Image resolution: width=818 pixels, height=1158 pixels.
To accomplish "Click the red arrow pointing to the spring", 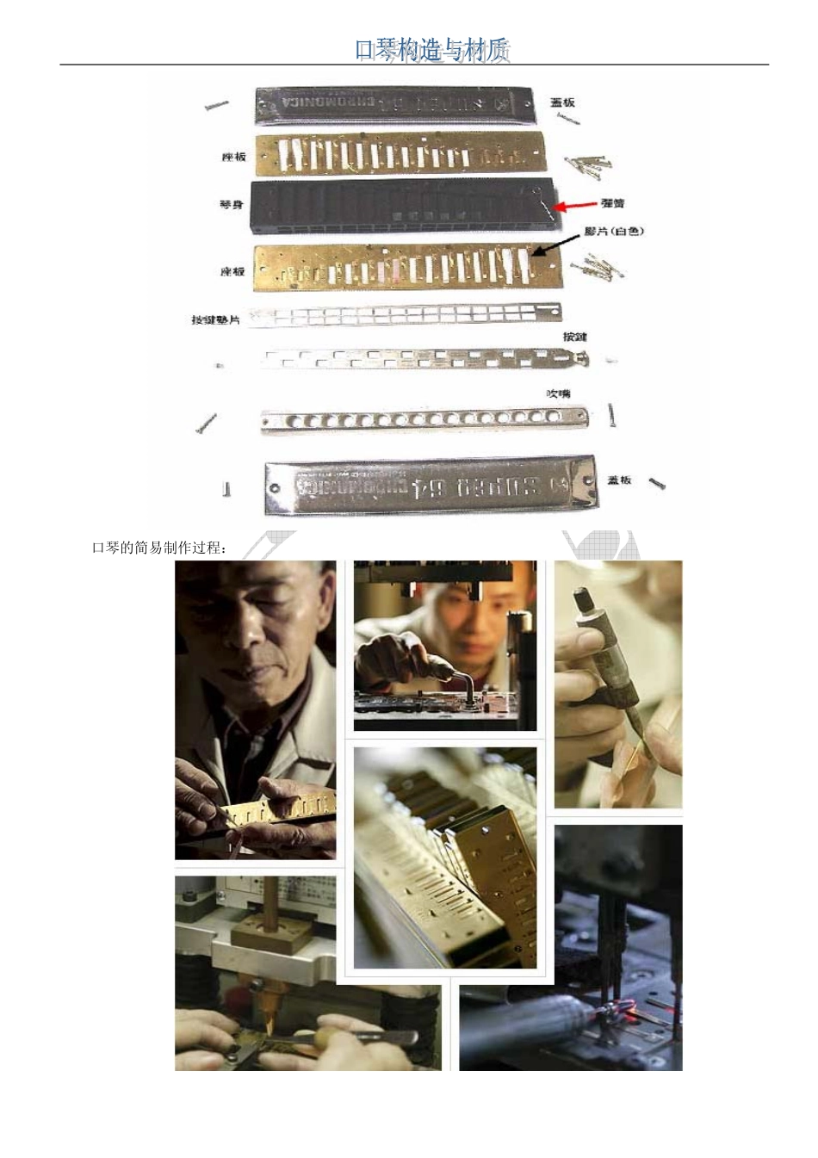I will click(575, 205).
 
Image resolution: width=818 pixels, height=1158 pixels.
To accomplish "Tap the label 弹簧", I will click(612, 204).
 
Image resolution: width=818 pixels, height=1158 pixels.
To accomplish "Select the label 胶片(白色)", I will click(614, 231).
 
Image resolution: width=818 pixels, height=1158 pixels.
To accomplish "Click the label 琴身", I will click(232, 205).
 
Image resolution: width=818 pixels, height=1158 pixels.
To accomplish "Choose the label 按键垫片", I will click(216, 319).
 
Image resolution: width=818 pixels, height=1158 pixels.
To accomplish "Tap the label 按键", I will click(574, 337).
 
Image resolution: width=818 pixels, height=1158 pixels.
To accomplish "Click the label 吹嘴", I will click(559, 393).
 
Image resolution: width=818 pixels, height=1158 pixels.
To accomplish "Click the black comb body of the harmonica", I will click(405, 207).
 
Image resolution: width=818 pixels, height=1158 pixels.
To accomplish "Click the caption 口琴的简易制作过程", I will click(159, 548).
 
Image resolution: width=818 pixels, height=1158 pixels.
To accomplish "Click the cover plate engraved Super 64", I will click(431, 488).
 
